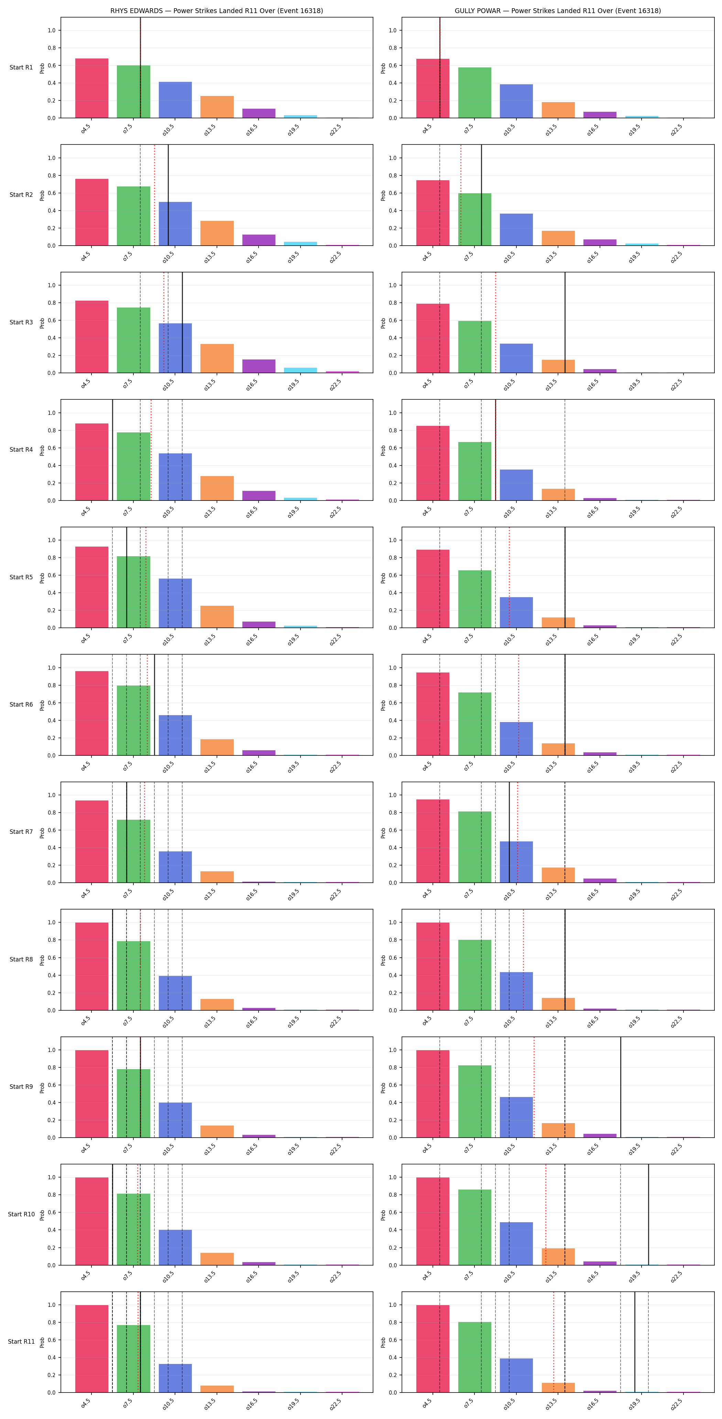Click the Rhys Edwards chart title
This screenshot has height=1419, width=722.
pos(217,10)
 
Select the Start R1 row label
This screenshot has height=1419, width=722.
pos(21,67)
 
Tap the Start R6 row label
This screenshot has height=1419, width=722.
pos(21,704)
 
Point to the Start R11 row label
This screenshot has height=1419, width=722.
pos(21,1341)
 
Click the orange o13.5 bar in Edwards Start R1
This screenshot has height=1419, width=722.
pos(217,107)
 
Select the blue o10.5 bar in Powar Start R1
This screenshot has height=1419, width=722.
pos(516,101)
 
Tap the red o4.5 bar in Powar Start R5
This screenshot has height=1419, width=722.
pos(432,588)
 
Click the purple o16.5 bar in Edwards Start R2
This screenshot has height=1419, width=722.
pos(259,240)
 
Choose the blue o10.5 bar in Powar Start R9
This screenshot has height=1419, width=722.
pos(516,1117)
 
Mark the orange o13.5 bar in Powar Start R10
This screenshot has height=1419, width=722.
pos(558,1257)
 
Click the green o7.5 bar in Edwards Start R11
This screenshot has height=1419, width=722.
pos(133,1358)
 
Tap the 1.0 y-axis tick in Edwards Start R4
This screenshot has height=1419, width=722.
pos(52,412)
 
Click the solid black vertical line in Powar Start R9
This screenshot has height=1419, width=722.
pos(621,1087)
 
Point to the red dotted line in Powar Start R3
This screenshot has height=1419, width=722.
pos(495,322)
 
